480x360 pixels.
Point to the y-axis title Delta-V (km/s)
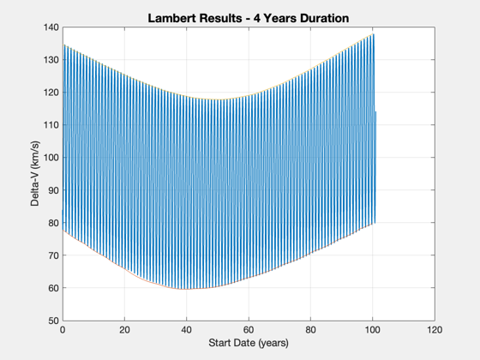(x=35, y=173)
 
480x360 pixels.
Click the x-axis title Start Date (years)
(x=249, y=343)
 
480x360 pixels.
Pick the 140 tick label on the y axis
(x=51, y=27)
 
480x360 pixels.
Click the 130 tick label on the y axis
(x=51, y=60)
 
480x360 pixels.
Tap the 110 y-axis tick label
(x=51, y=125)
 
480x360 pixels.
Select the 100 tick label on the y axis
(x=51, y=158)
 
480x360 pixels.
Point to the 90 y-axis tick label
(x=53, y=190)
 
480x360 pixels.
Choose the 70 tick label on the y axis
(x=53, y=255)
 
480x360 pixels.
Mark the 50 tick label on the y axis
(x=53, y=321)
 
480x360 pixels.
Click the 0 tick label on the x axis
(x=63, y=330)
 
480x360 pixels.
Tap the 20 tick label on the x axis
(x=124, y=330)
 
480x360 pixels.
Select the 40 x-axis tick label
(x=187, y=330)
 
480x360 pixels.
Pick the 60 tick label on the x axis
(x=249, y=330)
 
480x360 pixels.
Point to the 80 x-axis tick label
(x=310, y=330)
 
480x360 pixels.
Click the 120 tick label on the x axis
(x=435, y=330)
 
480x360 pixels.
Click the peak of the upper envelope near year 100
(x=374, y=34)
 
